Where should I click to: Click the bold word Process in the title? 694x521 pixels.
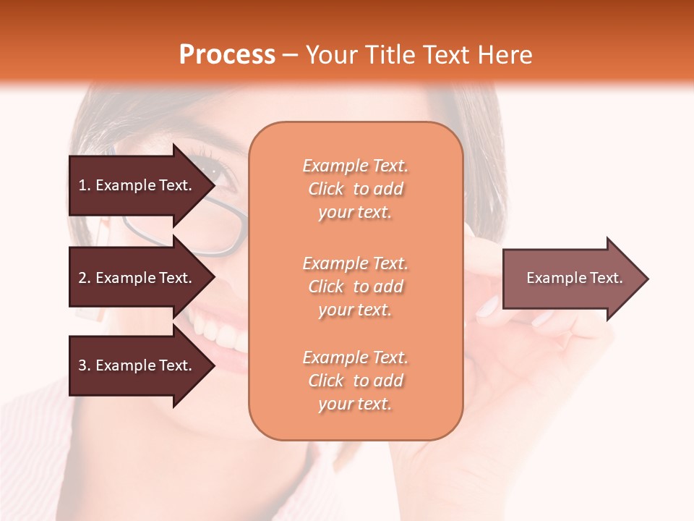(x=227, y=55)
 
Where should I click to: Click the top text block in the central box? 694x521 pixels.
(x=355, y=189)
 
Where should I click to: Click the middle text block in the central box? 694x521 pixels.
(x=355, y=287)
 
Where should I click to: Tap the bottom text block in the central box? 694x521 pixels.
(x=355, y=381)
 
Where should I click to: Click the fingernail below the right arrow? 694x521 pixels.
(x=488, y=307)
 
